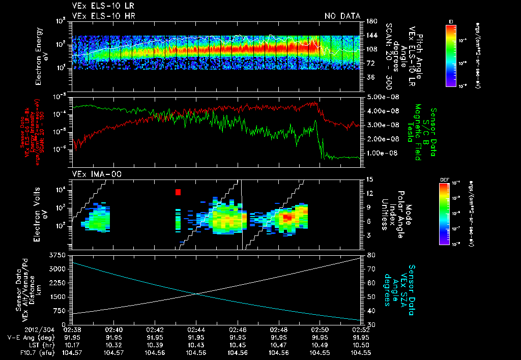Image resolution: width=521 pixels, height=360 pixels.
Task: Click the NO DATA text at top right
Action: coord(342,16)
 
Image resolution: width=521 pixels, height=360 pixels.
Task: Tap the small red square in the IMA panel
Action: coord(178,192)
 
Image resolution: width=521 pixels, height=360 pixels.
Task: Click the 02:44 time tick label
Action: coord(196,329)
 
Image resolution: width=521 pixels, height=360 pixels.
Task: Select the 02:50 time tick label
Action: coord(320,329)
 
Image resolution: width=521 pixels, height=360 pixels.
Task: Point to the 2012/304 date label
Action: coord(75,329)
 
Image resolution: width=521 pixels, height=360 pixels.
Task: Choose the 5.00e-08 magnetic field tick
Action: coord(381,97)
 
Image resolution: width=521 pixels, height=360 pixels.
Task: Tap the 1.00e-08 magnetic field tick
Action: coord(381,153)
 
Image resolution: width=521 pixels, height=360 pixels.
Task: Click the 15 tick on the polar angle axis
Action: coord(369,179)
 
